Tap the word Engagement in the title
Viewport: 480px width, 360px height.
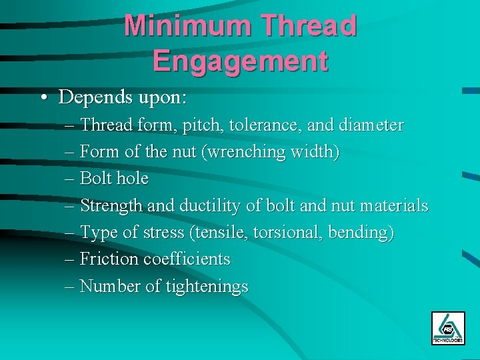(x=240, y=60)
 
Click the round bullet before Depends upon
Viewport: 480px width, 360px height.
(x=43, y=98)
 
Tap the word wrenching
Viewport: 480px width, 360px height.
(x=247, y=153)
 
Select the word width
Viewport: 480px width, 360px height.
(x=315, y=153)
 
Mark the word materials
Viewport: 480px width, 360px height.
(x=393, y=206)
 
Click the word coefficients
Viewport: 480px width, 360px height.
(x=188, y=259)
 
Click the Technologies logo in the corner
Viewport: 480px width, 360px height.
(x=448, y=327)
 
